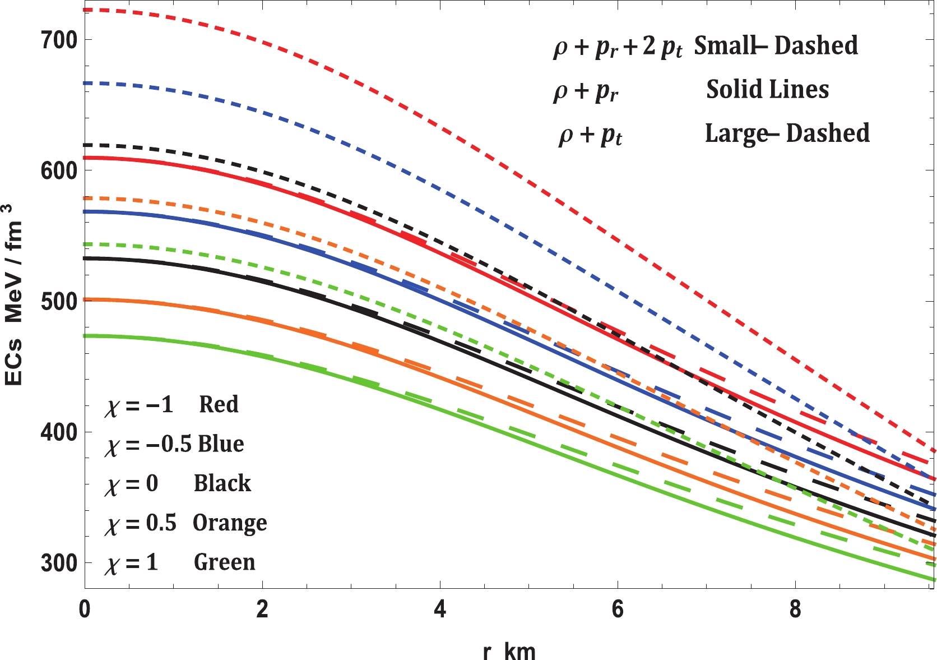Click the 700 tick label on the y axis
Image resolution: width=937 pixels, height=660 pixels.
pos(59,40)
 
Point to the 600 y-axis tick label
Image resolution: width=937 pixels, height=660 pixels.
pos(59,170)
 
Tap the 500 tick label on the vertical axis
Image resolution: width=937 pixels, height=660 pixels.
pos(59,302)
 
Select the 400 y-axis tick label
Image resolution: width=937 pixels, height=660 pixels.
pos(59,432)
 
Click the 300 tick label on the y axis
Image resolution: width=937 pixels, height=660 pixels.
pos(59,563)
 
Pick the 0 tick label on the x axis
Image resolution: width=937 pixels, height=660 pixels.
pos(85,610)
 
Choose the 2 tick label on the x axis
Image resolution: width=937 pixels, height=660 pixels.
pos(262,610)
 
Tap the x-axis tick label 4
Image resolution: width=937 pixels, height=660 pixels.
pos(440,610)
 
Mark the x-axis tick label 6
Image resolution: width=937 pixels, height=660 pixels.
pos(618,610)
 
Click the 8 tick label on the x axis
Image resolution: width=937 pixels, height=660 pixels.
pos(795,610)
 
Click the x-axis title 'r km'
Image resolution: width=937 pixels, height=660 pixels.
pos(509,651)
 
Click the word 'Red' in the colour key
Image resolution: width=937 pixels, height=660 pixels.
pos(219,404)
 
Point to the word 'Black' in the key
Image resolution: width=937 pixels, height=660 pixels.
pos(222,483)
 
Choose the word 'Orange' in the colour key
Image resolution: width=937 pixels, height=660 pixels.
pos(230,523)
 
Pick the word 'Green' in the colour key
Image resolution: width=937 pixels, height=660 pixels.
pos(224,562)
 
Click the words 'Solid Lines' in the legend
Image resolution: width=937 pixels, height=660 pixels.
pos(767,89)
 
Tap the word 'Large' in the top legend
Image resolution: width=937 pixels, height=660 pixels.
pos(736,133)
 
